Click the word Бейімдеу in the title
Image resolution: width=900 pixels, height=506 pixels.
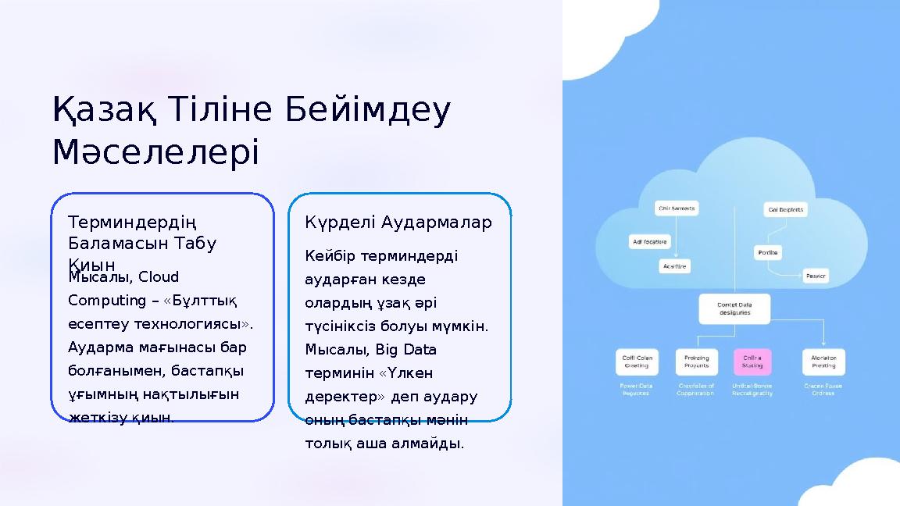366,111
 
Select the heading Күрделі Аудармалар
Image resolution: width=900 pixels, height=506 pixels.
398,223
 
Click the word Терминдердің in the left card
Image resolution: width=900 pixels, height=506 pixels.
131,223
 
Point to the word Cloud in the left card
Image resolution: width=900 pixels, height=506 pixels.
159,277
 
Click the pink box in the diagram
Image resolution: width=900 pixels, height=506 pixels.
752,362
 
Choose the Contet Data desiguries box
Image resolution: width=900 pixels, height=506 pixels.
734,308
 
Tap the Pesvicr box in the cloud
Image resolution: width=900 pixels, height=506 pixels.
816,276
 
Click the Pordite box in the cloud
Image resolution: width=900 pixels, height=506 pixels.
767,252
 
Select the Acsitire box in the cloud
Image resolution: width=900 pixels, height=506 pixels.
676,266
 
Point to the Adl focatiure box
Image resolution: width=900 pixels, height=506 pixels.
649,242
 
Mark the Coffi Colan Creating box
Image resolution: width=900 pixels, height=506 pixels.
636,362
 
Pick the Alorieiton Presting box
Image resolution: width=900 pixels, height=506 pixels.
823,362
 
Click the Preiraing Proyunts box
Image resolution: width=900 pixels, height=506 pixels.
696,362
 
